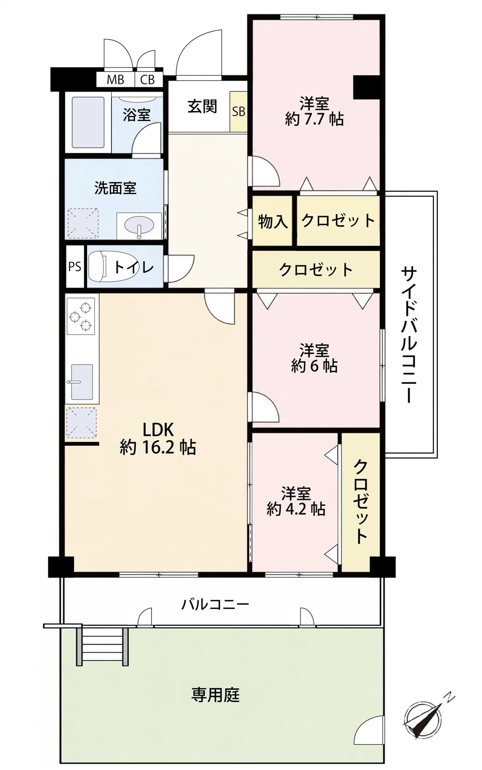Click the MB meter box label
click(115, 80)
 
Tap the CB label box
click(147, 80)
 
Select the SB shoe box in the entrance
click(238, 112)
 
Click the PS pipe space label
click(75, 266)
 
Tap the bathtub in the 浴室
click(88, 122)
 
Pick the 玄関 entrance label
click(202, 106)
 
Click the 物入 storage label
click(273, 221)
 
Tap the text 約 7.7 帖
click(314, 119)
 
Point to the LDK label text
click(158, 429)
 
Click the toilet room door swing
click(180, 268)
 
